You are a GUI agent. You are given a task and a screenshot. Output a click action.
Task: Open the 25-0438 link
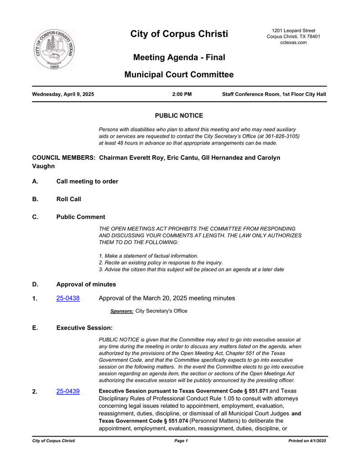[x=68, y=298]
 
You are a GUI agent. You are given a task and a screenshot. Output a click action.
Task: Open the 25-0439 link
[x=68, y=391]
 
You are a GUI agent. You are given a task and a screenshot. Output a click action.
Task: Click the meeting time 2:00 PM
[x=182, y=95]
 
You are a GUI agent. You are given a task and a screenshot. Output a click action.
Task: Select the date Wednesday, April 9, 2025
[x=63, y=95]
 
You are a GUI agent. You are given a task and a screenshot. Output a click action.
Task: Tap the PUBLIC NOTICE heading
[x=179, y=116]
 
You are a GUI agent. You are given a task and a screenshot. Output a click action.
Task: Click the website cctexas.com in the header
[x=293, y=42]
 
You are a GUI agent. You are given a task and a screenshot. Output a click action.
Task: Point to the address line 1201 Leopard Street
[x=293, y=30]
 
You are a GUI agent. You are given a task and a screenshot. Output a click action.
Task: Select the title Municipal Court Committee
[x=179, y=75]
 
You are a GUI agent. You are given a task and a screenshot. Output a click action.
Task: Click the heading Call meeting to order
[x=87, y=181]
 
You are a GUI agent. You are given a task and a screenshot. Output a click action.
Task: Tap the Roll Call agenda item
[x=68, y=199]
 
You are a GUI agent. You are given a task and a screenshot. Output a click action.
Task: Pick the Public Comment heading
[x=81, y=217]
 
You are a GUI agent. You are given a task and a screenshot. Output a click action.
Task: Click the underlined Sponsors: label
[x=121, y=311]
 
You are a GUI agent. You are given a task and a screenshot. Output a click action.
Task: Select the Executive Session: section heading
[x=84, y=328]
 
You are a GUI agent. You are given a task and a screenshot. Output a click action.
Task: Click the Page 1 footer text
[x=181, y=441]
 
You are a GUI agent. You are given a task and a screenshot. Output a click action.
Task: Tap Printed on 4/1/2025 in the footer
[x=307, y=441]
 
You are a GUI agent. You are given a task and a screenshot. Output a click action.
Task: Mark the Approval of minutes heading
[x=86, y=284]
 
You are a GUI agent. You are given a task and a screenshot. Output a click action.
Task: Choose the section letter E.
[x=35, y=328]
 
